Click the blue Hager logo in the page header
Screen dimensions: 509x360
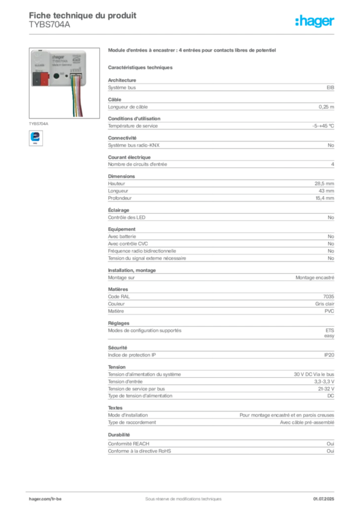(316, 21)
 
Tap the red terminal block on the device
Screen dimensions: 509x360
(44, 78)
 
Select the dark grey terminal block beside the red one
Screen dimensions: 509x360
(36, 78)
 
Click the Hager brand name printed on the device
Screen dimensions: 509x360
(60, 57)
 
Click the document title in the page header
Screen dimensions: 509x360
(82, 14)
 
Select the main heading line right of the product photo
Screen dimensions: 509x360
(191, 51)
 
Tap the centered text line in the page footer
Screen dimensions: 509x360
(179, 496)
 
